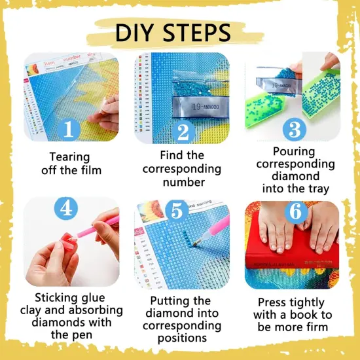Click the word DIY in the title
pos(139,33)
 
